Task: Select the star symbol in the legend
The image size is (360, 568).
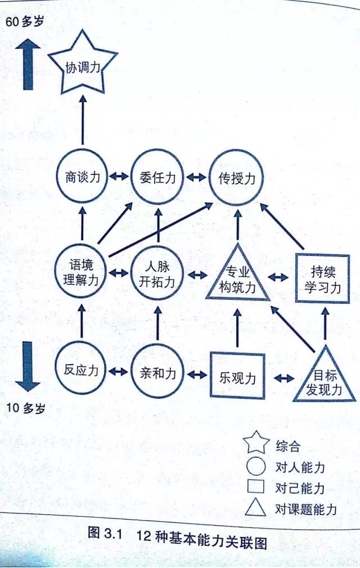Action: pyautogui.click(x=256, y=443)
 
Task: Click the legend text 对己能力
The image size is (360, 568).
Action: pyautogui.click(x=300, y=488)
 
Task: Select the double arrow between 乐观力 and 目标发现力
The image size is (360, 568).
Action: pyautogui.click(x=284, y=378)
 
